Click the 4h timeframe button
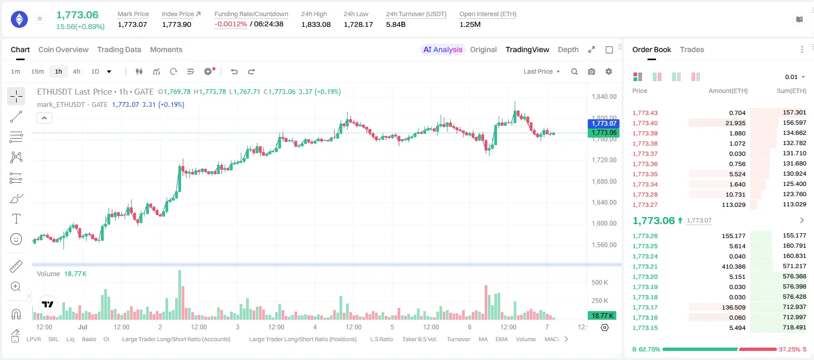(x=76, y=71)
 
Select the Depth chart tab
(x=568, y=50)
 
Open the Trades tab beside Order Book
(x=692, y=50)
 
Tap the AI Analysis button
(x=443, y=50)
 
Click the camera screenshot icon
(x=592, y=71)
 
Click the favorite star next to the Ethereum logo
(x=40, y=18)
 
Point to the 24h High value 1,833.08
(x=316, y=25)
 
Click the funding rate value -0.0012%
(x=230, y=24)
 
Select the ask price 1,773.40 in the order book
(x=645, y=123)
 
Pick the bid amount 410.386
(x=733, y=267)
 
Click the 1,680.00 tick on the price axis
(x=604, y=181)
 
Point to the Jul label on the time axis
(x=83, y=327)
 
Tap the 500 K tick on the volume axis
(x=600, y=283)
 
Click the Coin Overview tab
(x=63, y=50)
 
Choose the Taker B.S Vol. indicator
(x=419, y=339)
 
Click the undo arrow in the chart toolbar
(x=234, y=71)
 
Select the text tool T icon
(x=16, y=219)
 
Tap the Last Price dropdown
(x=542, y=71)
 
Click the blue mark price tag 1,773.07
(x=603, y=124)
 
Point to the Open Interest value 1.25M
(x=470, y=25)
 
